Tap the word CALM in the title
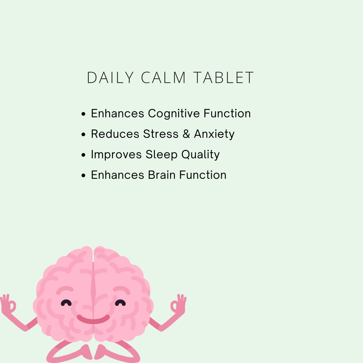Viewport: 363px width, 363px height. tap(164, 78)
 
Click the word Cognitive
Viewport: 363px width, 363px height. tap(174, 114)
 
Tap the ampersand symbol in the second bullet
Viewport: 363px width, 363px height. tap(186, 134)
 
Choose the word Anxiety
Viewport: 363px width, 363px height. tap(214, 134)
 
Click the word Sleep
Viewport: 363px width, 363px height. tap(162, 155)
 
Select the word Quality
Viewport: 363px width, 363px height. tap(200, 155)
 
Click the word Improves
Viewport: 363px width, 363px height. tap(116, 155)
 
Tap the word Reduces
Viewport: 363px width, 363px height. tap(115, 134)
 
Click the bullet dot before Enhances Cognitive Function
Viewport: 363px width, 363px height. tap(84, 114)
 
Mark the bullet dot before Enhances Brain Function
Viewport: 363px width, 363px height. tap(84, 175)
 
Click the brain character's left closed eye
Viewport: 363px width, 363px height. tap(66, 303)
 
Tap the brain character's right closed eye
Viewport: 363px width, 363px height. tap(120, 303)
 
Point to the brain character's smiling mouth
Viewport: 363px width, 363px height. tap(93, 319)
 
